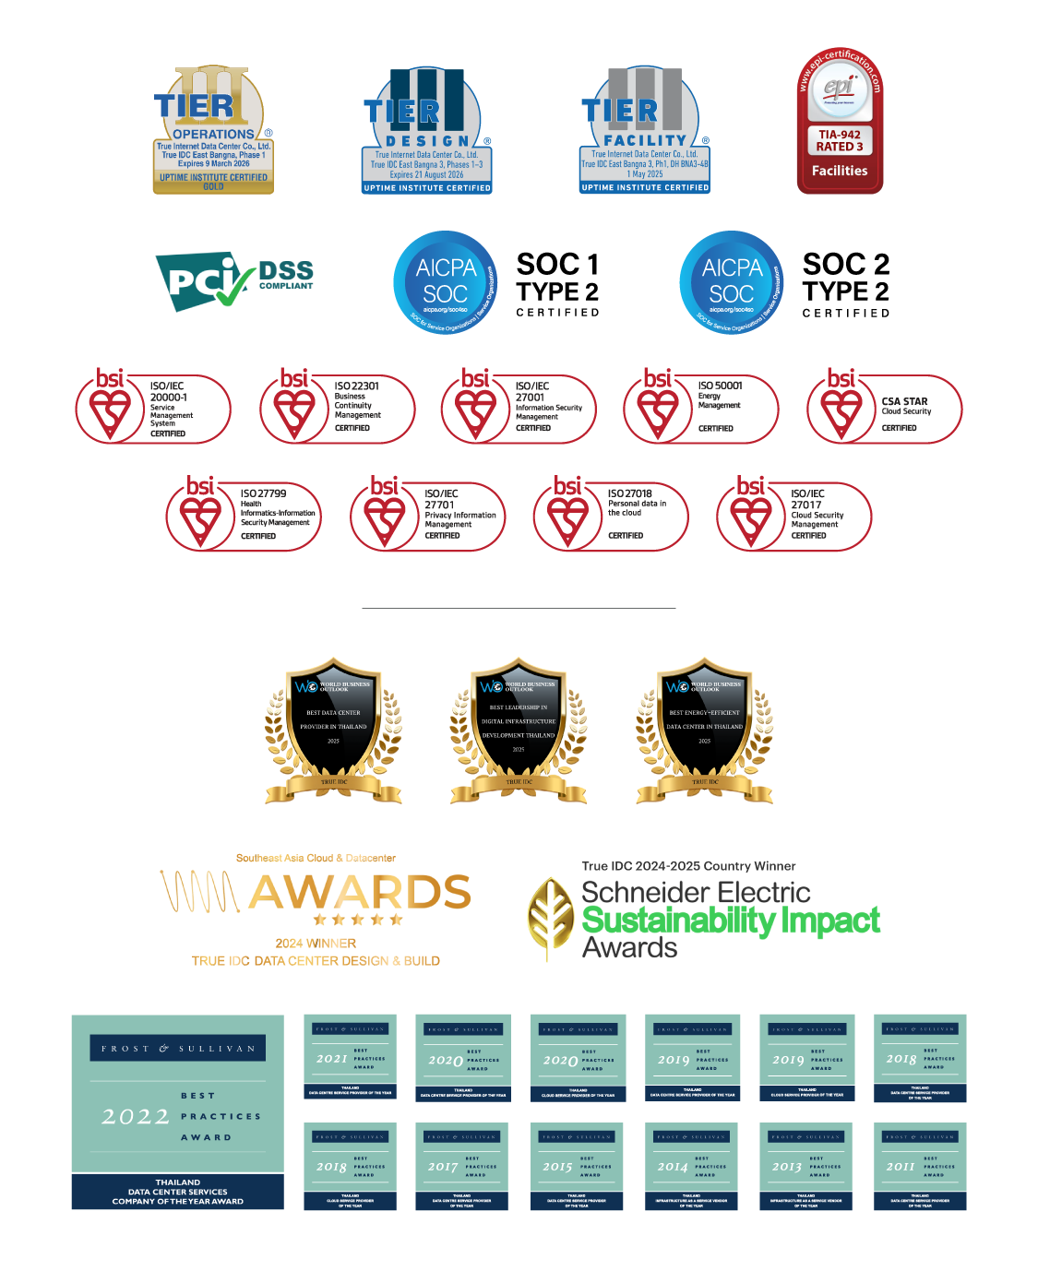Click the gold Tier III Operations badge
coord(213,130)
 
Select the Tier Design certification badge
coord(426,130)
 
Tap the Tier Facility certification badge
coord(644,130)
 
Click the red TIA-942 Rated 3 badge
coord(840,121)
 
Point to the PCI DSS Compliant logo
coord(234,281)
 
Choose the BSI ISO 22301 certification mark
coord(337,407)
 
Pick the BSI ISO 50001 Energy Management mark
coord(700,407)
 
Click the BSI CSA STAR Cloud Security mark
coord(884,407)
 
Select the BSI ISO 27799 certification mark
coord(244,515)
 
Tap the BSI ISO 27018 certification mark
coord(610,515)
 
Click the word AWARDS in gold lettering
coord(360,892)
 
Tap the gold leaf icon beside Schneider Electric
coord(551,918)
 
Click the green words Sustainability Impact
coord(730,921)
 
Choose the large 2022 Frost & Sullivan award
coord(177,1112)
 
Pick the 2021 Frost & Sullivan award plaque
coord(350,1057)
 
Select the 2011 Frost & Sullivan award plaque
coord(920,1166)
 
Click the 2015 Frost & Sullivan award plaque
coord(577,1166)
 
